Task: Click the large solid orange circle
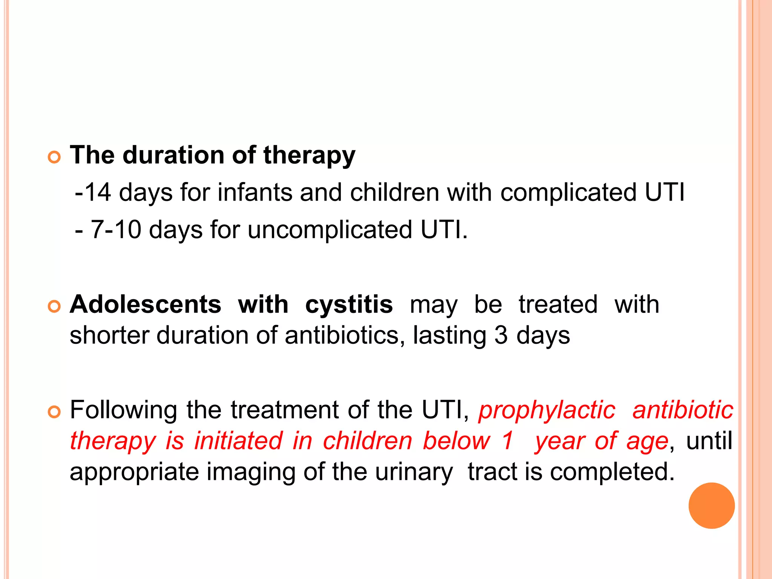tap(711, 505)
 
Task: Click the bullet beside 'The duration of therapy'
tap(55, 157)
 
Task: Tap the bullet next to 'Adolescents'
tap(55, 306)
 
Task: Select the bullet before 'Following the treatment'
tap(55, 412)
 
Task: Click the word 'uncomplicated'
tap(330, 230)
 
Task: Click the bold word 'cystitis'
tap(349, 305)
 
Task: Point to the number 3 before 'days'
tap(501, 335)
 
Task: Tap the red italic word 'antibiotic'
tap(683, 410)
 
